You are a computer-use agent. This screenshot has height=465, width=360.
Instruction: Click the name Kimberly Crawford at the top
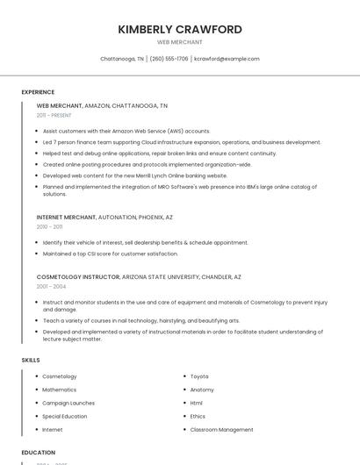pos(180,29)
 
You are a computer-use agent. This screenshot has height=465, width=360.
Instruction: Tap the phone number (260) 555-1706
pos(169,59)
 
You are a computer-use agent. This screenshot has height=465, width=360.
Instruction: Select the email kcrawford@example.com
pos(227,59)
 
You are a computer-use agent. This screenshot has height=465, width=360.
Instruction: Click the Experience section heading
pos(38,92)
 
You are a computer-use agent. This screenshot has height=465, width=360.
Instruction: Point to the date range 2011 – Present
pos(54,115)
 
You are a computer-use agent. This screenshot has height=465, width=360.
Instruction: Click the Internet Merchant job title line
pos(104,217)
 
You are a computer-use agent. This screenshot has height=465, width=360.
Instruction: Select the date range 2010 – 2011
pos(49,226)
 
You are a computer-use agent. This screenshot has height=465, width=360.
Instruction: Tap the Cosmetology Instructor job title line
pos(139,277)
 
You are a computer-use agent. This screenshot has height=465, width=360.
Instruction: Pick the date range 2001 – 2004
pos(51,287)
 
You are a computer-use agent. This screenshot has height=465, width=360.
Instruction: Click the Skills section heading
pos(31,360)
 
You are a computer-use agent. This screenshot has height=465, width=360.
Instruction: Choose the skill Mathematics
pos(60,390)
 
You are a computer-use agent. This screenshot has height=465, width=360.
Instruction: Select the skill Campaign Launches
pos(68,403)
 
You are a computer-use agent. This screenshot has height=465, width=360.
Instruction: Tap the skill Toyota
pos(199,376)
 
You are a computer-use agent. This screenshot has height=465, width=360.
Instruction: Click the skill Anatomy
pos(202,390)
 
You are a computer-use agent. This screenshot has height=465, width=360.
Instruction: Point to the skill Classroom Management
pos(222,430)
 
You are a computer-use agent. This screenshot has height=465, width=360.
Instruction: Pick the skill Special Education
pos(65,417)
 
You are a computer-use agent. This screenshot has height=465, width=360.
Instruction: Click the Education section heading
pos(38,453)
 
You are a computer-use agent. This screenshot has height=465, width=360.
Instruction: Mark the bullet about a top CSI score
pos(110,254)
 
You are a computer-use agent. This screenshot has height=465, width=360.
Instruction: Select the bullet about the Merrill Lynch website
pos(134,175)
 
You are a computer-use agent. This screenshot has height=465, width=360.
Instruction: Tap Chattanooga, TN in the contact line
pos(122,59)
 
